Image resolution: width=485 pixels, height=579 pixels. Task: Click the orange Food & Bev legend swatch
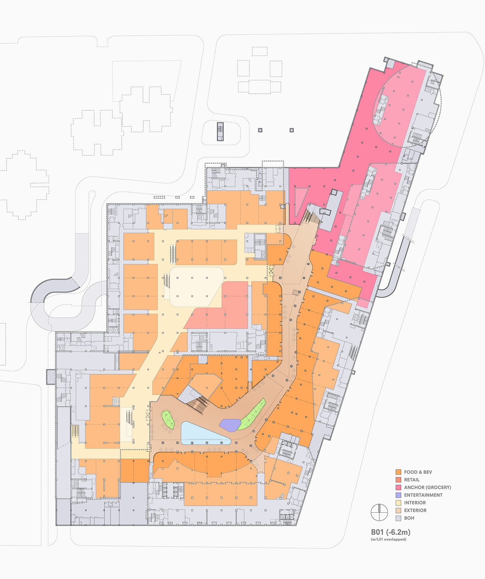pos(398,472)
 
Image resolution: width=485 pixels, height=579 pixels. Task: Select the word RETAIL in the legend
pos(412,480)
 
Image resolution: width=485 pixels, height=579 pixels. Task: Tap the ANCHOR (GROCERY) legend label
pos(427,487)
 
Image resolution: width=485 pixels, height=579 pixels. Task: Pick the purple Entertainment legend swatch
pos(398,495)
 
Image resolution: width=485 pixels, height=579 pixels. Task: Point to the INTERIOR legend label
pos(415,503)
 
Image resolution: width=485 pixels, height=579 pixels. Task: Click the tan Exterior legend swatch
pos(398,510)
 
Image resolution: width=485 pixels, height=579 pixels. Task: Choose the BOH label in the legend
pos(409,518)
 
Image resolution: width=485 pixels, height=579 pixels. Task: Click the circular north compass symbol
pos(379,512)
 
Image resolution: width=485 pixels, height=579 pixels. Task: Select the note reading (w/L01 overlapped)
pos(388,539)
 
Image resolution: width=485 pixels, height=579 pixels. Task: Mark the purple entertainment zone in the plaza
pos(230,424)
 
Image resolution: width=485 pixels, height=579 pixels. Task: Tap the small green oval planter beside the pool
pos(168,419)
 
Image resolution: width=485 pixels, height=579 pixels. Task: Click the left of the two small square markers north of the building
pos(260,130)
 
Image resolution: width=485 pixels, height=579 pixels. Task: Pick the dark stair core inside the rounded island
pos(220,131)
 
